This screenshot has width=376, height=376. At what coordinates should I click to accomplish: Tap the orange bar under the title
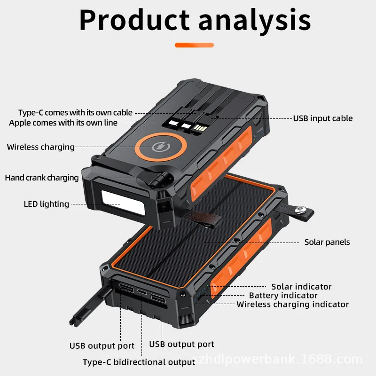coord(194,45)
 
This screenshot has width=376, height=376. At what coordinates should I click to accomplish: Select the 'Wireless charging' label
coord(40,147)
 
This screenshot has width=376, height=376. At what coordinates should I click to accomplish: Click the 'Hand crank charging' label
coord(42,178)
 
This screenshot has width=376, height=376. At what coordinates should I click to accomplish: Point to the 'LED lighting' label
coord(47,204)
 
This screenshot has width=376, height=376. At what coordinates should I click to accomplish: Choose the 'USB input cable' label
coord(323,118)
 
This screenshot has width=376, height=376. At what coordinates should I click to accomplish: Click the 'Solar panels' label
coord(327,243)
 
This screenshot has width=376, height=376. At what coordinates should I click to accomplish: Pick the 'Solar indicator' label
coord(301,287)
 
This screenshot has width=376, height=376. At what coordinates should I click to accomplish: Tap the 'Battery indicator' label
coord(283,296)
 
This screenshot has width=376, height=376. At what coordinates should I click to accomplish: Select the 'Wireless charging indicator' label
coord(292,305)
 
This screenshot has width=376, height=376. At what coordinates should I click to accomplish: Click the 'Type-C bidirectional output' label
coord(139,362)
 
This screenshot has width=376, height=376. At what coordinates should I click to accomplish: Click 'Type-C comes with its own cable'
coord(75,113)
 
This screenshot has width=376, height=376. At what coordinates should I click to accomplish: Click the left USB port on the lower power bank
coord(125,288)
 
